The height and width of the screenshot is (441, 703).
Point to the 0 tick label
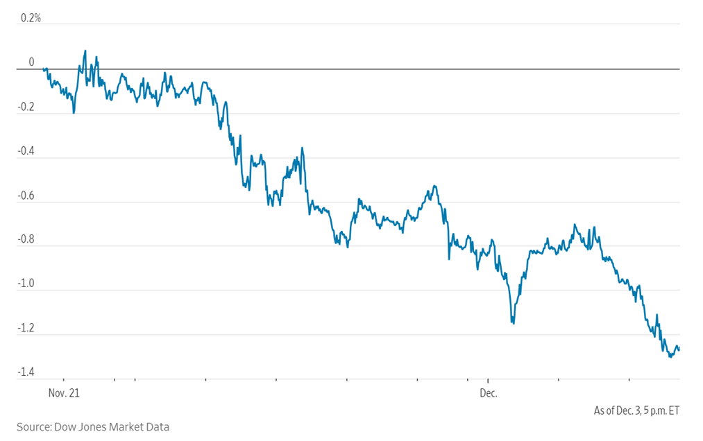pyautogui.click(x=31, y=62)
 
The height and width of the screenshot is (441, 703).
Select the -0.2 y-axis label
pyautogui.click(x=27, y=107)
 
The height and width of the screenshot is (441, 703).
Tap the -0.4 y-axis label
pyautogui.click(x=27, y=152)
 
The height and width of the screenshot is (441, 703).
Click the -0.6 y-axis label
pyautogui.click(x=27, y=196)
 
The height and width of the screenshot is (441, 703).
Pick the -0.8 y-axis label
pyautogui.click(x=27, y=241)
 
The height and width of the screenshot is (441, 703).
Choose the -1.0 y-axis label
pyautogui.click(x=27, y=284)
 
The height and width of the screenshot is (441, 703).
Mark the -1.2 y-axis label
pyautogui.click(x=27, y=329)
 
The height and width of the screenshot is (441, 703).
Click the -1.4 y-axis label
pyautogui.click(x=27, y=373)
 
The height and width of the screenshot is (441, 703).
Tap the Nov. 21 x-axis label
pyautogui.click(x=65, y=392)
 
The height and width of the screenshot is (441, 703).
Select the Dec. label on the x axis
pyautogui.click(x=489, y=392)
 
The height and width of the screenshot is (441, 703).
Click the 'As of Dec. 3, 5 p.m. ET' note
pyautogui.click(x=636, y=410)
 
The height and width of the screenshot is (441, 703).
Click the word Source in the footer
pyautogui.click(x=33, y=427)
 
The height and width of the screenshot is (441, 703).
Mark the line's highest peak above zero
pyautogui.click(x=85, y=51)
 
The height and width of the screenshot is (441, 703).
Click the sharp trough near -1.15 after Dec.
pyautogui.click(x=513, y=323)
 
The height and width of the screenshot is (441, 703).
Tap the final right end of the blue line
pyautogui.click(x=679, y=349)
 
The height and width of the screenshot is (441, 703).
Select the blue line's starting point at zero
pyautogui.click(x=43, y=69)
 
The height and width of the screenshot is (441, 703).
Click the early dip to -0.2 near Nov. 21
pyautogui.click(x=74, y=112)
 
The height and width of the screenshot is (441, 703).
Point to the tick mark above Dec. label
pyautogui.click(x=489, y=381)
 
